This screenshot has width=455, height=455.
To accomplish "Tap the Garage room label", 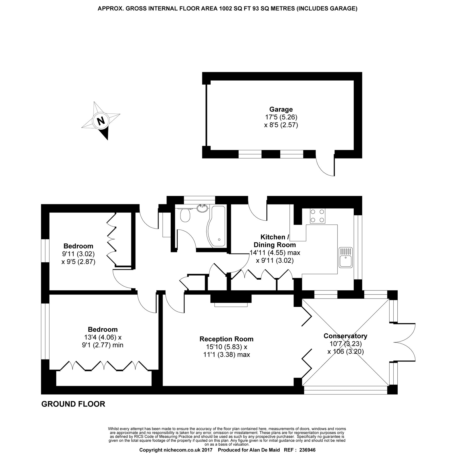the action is coord(281,109).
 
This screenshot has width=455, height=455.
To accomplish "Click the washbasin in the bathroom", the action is coord(202,209).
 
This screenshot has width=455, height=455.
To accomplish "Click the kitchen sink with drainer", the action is coord(346,257).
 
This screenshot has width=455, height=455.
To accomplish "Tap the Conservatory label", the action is coord(345,336).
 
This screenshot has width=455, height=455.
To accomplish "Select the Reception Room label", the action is coord(226,339).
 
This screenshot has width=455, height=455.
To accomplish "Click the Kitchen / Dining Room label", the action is coord(275,241).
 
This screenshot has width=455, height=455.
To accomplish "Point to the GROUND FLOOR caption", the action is coord(73,404).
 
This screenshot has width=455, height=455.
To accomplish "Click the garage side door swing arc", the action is coord(325,167).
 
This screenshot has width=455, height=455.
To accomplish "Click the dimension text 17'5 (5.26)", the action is coord(281,117).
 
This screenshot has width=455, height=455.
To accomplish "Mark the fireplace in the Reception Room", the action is coord(231,300).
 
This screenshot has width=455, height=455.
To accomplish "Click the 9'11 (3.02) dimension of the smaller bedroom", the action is coord(78,254).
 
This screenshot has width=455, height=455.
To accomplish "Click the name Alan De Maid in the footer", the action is coord(265,450).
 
